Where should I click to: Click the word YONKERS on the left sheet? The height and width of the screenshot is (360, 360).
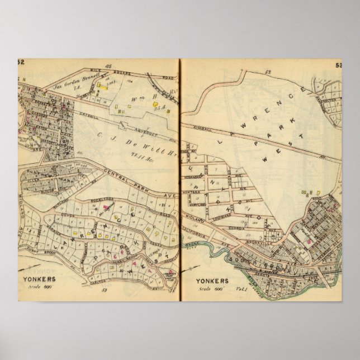41,281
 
